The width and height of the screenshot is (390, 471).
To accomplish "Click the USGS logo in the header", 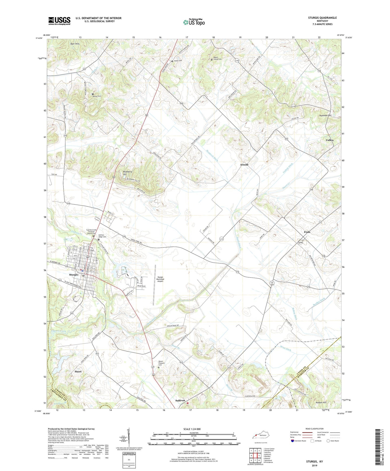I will pos(59,21).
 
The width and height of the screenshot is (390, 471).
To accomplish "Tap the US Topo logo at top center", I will pos(194,22).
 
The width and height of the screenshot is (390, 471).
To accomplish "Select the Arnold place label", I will pos(244,165).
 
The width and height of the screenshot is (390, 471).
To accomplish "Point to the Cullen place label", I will pos(329,140).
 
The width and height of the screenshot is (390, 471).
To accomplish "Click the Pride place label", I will pos(307,232).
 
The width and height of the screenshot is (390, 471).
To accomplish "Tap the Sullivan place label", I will pos(180,401).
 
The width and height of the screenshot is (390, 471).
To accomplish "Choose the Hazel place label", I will pos(78,371).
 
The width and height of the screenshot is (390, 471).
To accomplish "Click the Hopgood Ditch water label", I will pos(212,155).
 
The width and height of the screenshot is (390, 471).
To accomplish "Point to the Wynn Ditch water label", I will pos(286,348).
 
